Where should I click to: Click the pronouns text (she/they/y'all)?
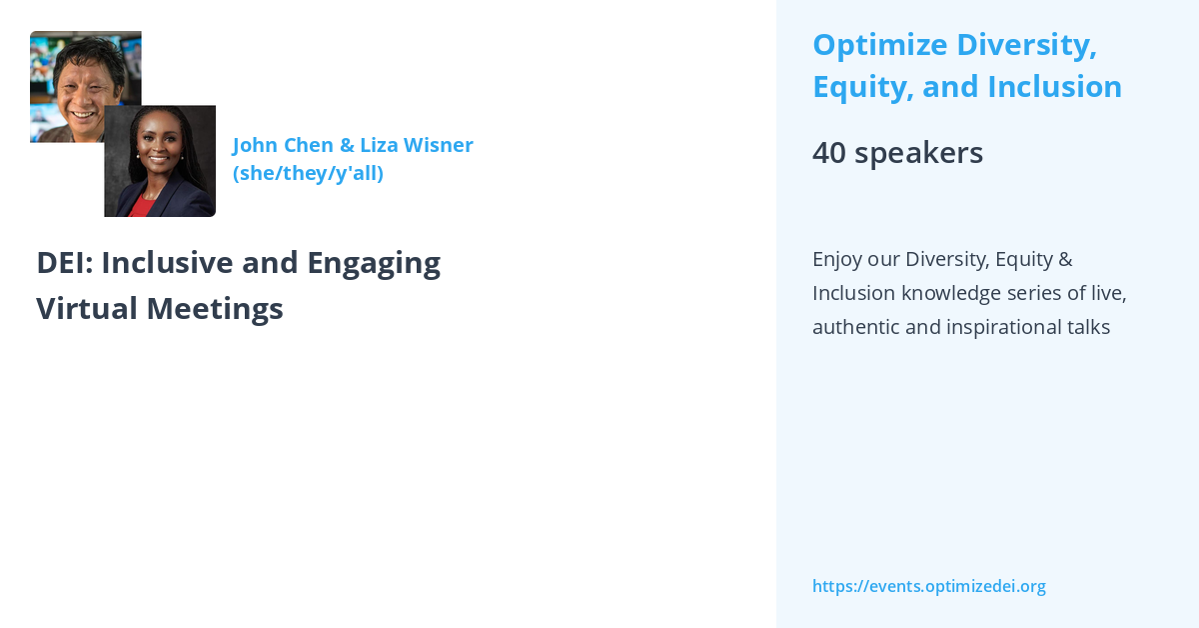coord(308,173)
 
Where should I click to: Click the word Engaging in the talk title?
coord(374,262)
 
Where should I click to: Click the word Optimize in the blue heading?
coord(879,45)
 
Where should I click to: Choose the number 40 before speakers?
coord(828,153)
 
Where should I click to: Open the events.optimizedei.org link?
coord(928,586)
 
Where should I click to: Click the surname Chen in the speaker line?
coord(309,145)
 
